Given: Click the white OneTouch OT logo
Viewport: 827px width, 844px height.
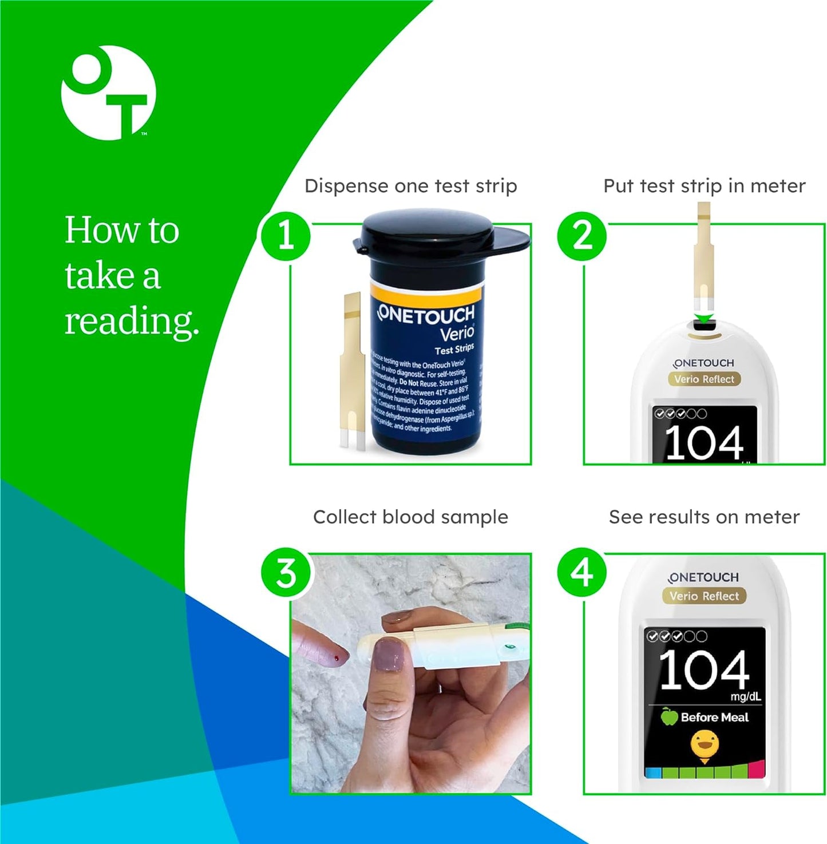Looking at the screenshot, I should point(108,93).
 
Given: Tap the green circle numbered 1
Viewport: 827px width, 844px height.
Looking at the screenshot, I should point(286,236).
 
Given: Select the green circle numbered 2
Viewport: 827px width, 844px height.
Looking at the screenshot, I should point(582,236).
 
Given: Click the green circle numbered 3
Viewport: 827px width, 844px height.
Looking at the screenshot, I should point(286,573).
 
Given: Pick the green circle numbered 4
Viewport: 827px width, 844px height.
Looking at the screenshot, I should point(582,573).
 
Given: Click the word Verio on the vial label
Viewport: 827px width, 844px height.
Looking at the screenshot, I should point(456,333).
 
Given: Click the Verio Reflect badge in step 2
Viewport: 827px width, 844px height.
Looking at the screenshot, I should point(704,379).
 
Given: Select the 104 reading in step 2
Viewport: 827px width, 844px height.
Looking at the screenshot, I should point(704,442).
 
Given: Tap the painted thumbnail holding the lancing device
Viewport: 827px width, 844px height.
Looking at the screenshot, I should point(388,656).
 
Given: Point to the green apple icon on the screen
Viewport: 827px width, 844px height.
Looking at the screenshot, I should point(668,716).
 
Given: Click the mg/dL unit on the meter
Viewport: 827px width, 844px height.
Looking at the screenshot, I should point(745,696).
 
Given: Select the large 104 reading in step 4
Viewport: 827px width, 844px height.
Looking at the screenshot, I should point(704,669).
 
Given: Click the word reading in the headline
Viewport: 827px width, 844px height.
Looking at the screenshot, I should point(131,321).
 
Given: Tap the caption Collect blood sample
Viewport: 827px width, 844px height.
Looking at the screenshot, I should point(410,517).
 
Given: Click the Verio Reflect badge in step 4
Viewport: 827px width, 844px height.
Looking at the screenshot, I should point(704,596).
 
